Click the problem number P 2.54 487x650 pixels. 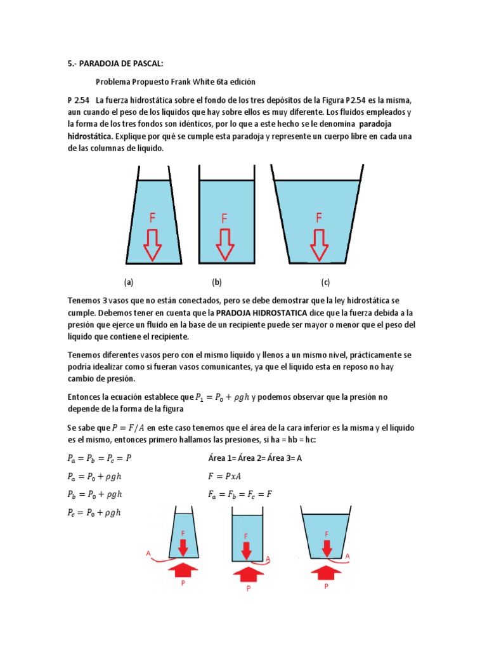[79, 100]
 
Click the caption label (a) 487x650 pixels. [129, 282]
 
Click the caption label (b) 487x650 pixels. [217, 282]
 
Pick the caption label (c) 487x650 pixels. [325, 282]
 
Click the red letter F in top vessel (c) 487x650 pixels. [318, 218]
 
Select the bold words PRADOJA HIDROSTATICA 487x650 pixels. [261, 313]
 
